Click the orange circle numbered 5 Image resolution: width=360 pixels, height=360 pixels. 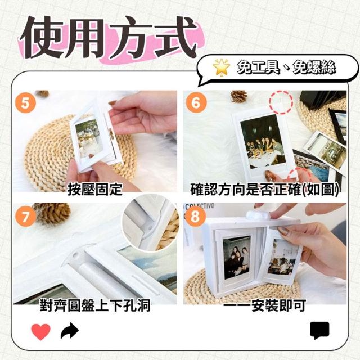25,102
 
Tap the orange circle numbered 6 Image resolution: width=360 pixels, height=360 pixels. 196,102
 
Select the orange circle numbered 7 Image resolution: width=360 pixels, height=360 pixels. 25,216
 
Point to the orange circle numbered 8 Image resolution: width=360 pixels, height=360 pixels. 195,216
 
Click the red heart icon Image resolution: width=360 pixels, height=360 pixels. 40,331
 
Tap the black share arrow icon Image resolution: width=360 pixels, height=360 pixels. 70,331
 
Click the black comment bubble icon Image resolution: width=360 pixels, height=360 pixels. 319,330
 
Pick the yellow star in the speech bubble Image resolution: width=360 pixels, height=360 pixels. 222,67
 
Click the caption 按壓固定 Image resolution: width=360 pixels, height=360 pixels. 95,189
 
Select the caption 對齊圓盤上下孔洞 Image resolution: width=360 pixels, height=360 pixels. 95,305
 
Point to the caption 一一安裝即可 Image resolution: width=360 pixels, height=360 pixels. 264,305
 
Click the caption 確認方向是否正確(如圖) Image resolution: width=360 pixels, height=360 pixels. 264,190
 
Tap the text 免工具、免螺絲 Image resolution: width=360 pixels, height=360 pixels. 286,67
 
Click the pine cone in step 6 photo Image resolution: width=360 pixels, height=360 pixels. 238,96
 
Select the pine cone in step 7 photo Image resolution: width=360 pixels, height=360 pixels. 52,214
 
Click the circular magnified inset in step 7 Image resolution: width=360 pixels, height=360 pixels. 151,222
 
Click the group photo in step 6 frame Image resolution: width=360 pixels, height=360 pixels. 263,141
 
